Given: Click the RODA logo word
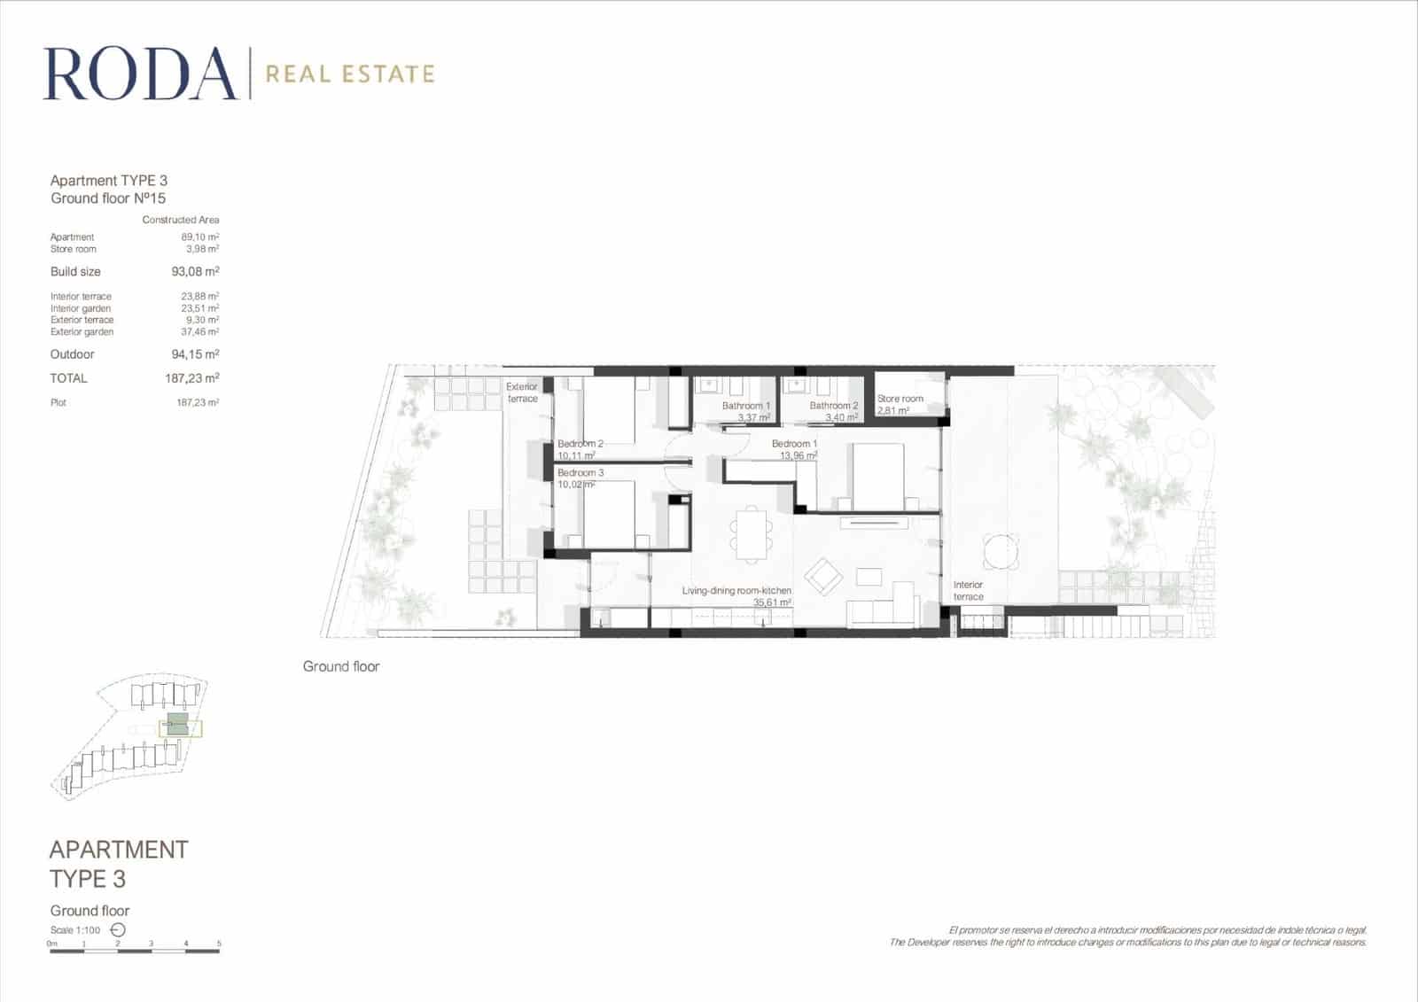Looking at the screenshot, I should coord(140,74).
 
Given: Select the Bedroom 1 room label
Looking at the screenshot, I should coord(794,444).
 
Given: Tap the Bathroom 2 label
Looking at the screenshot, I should coord(833,406).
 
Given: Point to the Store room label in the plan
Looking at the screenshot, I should coord(900,399).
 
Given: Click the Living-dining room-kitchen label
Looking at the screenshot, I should coord(736,591).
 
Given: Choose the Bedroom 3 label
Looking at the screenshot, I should coord(580,473).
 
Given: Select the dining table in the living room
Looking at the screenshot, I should coord(752,534).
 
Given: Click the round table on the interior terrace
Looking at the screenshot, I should coord(1001,551).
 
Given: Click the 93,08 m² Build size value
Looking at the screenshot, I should coord(195,272).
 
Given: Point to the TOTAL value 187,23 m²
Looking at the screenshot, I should coord(191,378).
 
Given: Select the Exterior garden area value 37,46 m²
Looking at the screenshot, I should coord(199,332).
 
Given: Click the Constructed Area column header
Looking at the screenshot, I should coord(180,220).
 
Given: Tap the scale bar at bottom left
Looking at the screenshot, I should coord(133,950).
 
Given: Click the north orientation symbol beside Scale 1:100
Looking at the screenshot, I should coord(118,930).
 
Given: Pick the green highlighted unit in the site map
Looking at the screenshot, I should coord(178,724).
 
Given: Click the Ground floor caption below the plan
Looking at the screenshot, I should coord(340,666).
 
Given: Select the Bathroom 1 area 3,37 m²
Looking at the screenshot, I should coord(753,417).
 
